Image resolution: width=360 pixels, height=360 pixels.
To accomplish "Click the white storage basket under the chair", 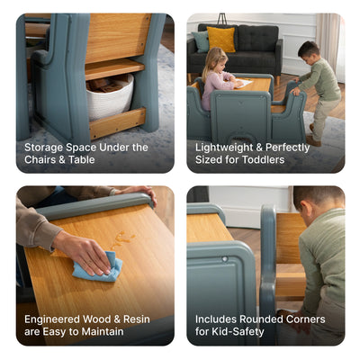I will coord(110,97).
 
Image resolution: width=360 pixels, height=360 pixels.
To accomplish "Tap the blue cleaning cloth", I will coord(97,267).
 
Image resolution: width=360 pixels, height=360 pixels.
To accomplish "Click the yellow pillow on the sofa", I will coord(220,39).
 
